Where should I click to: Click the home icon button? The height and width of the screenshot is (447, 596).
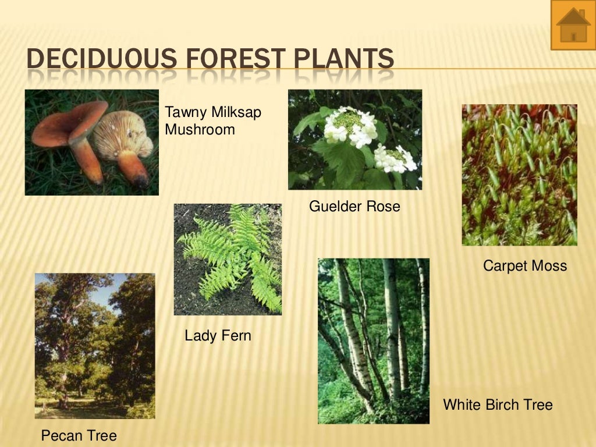coord(573,25)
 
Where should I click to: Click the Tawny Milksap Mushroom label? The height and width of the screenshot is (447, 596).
coord(213,120)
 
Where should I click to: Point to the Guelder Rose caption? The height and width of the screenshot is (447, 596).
coord(354,206)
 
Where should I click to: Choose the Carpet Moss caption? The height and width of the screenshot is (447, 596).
coord(524,266)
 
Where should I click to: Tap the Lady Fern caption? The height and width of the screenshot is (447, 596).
coord(218,335)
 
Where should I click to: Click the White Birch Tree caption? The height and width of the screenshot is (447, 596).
coord(498,405)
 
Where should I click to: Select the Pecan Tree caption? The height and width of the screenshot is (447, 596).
coord(79,435)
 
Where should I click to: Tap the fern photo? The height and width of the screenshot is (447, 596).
coord(228,259)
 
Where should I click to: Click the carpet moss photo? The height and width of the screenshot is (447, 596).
coord(519,175)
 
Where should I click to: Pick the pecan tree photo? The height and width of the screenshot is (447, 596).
coord(95,346)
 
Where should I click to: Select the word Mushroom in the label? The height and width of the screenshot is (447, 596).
coord(200,129)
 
